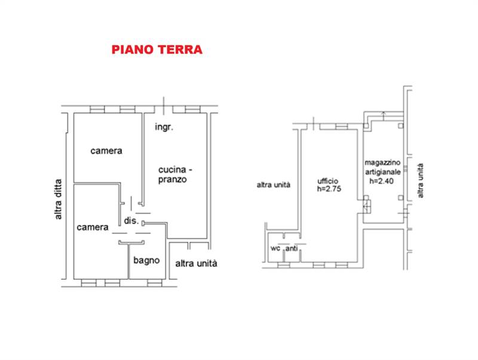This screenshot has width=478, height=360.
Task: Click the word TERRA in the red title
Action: (179, 50)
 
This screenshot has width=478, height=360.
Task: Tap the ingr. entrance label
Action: (164, 127)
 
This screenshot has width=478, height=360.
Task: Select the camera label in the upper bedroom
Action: (106, 151)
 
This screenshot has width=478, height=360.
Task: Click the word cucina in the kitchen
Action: (171, 168)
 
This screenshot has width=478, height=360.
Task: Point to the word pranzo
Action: (174, 179)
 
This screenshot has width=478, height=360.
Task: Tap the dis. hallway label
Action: (131, 221)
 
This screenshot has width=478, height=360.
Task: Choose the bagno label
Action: (146, 260)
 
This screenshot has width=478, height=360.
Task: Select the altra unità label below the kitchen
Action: (196, 263)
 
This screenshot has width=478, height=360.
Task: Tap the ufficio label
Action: (328, 181)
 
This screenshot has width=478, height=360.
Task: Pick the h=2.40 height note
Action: (383, 181)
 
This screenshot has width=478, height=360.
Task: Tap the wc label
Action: (275, 248)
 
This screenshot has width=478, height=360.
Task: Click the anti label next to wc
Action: (292, 248)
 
